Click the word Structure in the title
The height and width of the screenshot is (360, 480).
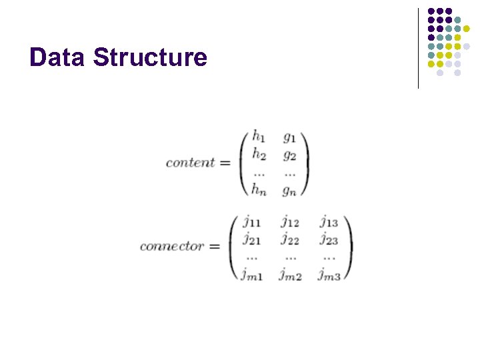151,57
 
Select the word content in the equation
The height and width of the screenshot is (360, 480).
190,163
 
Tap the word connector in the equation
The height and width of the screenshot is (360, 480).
171,246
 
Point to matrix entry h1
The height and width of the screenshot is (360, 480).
259,137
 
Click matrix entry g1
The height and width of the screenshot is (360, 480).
289,138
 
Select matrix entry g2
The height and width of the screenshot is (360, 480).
289,155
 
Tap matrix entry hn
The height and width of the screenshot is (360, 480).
259,190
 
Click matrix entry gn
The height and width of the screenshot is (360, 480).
289,191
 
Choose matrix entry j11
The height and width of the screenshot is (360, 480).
251,221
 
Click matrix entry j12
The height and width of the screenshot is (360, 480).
290,221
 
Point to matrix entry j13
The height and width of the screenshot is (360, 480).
329,221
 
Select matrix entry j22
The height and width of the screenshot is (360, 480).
290,239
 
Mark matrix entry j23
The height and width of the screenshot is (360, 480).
329,239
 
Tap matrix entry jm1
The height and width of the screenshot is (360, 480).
251,274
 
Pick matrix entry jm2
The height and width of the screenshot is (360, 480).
290,274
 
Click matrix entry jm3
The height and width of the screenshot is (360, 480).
329,274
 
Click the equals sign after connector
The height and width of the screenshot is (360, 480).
214,246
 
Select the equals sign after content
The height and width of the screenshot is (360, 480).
225,163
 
